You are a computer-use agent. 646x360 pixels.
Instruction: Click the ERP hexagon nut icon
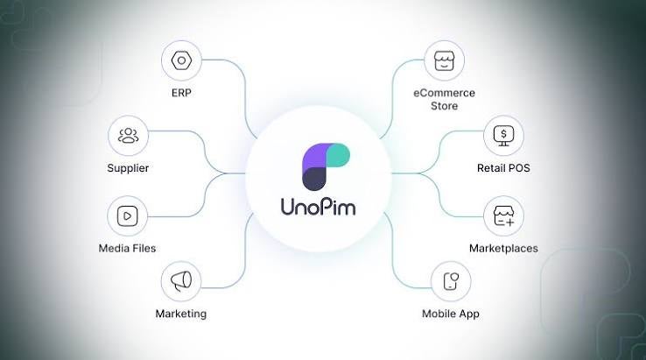point(181,61)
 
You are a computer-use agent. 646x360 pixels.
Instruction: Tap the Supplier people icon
point(128,135)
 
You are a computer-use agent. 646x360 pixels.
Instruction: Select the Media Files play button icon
point(127,216)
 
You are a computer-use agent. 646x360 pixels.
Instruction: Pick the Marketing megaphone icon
point(181,281)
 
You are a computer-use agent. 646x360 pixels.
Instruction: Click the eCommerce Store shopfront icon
point(444,61)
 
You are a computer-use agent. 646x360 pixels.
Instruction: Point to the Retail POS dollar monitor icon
point(503,136)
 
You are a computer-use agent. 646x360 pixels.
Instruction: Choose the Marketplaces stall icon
point(503,216)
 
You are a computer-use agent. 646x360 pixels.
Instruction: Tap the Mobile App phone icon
point(451,281)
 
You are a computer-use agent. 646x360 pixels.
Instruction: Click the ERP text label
point(181,93)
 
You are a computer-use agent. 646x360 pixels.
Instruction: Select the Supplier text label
point(128,168)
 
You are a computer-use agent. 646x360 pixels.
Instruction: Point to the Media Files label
point(127,248)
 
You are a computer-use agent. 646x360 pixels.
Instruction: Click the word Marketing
point(181,314)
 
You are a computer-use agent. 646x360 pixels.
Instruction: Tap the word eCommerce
point(444,93)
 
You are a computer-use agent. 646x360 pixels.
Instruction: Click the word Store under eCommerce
point(444,106)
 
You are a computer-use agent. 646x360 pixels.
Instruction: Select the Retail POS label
point(503,168)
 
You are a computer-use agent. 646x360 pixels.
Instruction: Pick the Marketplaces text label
point(503,248)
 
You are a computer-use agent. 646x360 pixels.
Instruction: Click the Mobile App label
point(451,314)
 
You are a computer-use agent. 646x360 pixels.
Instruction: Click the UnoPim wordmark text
point(318,207)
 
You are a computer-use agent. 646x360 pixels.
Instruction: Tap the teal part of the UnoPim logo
point(339,155)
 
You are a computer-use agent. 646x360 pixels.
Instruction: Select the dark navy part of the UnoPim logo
point(314,179)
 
